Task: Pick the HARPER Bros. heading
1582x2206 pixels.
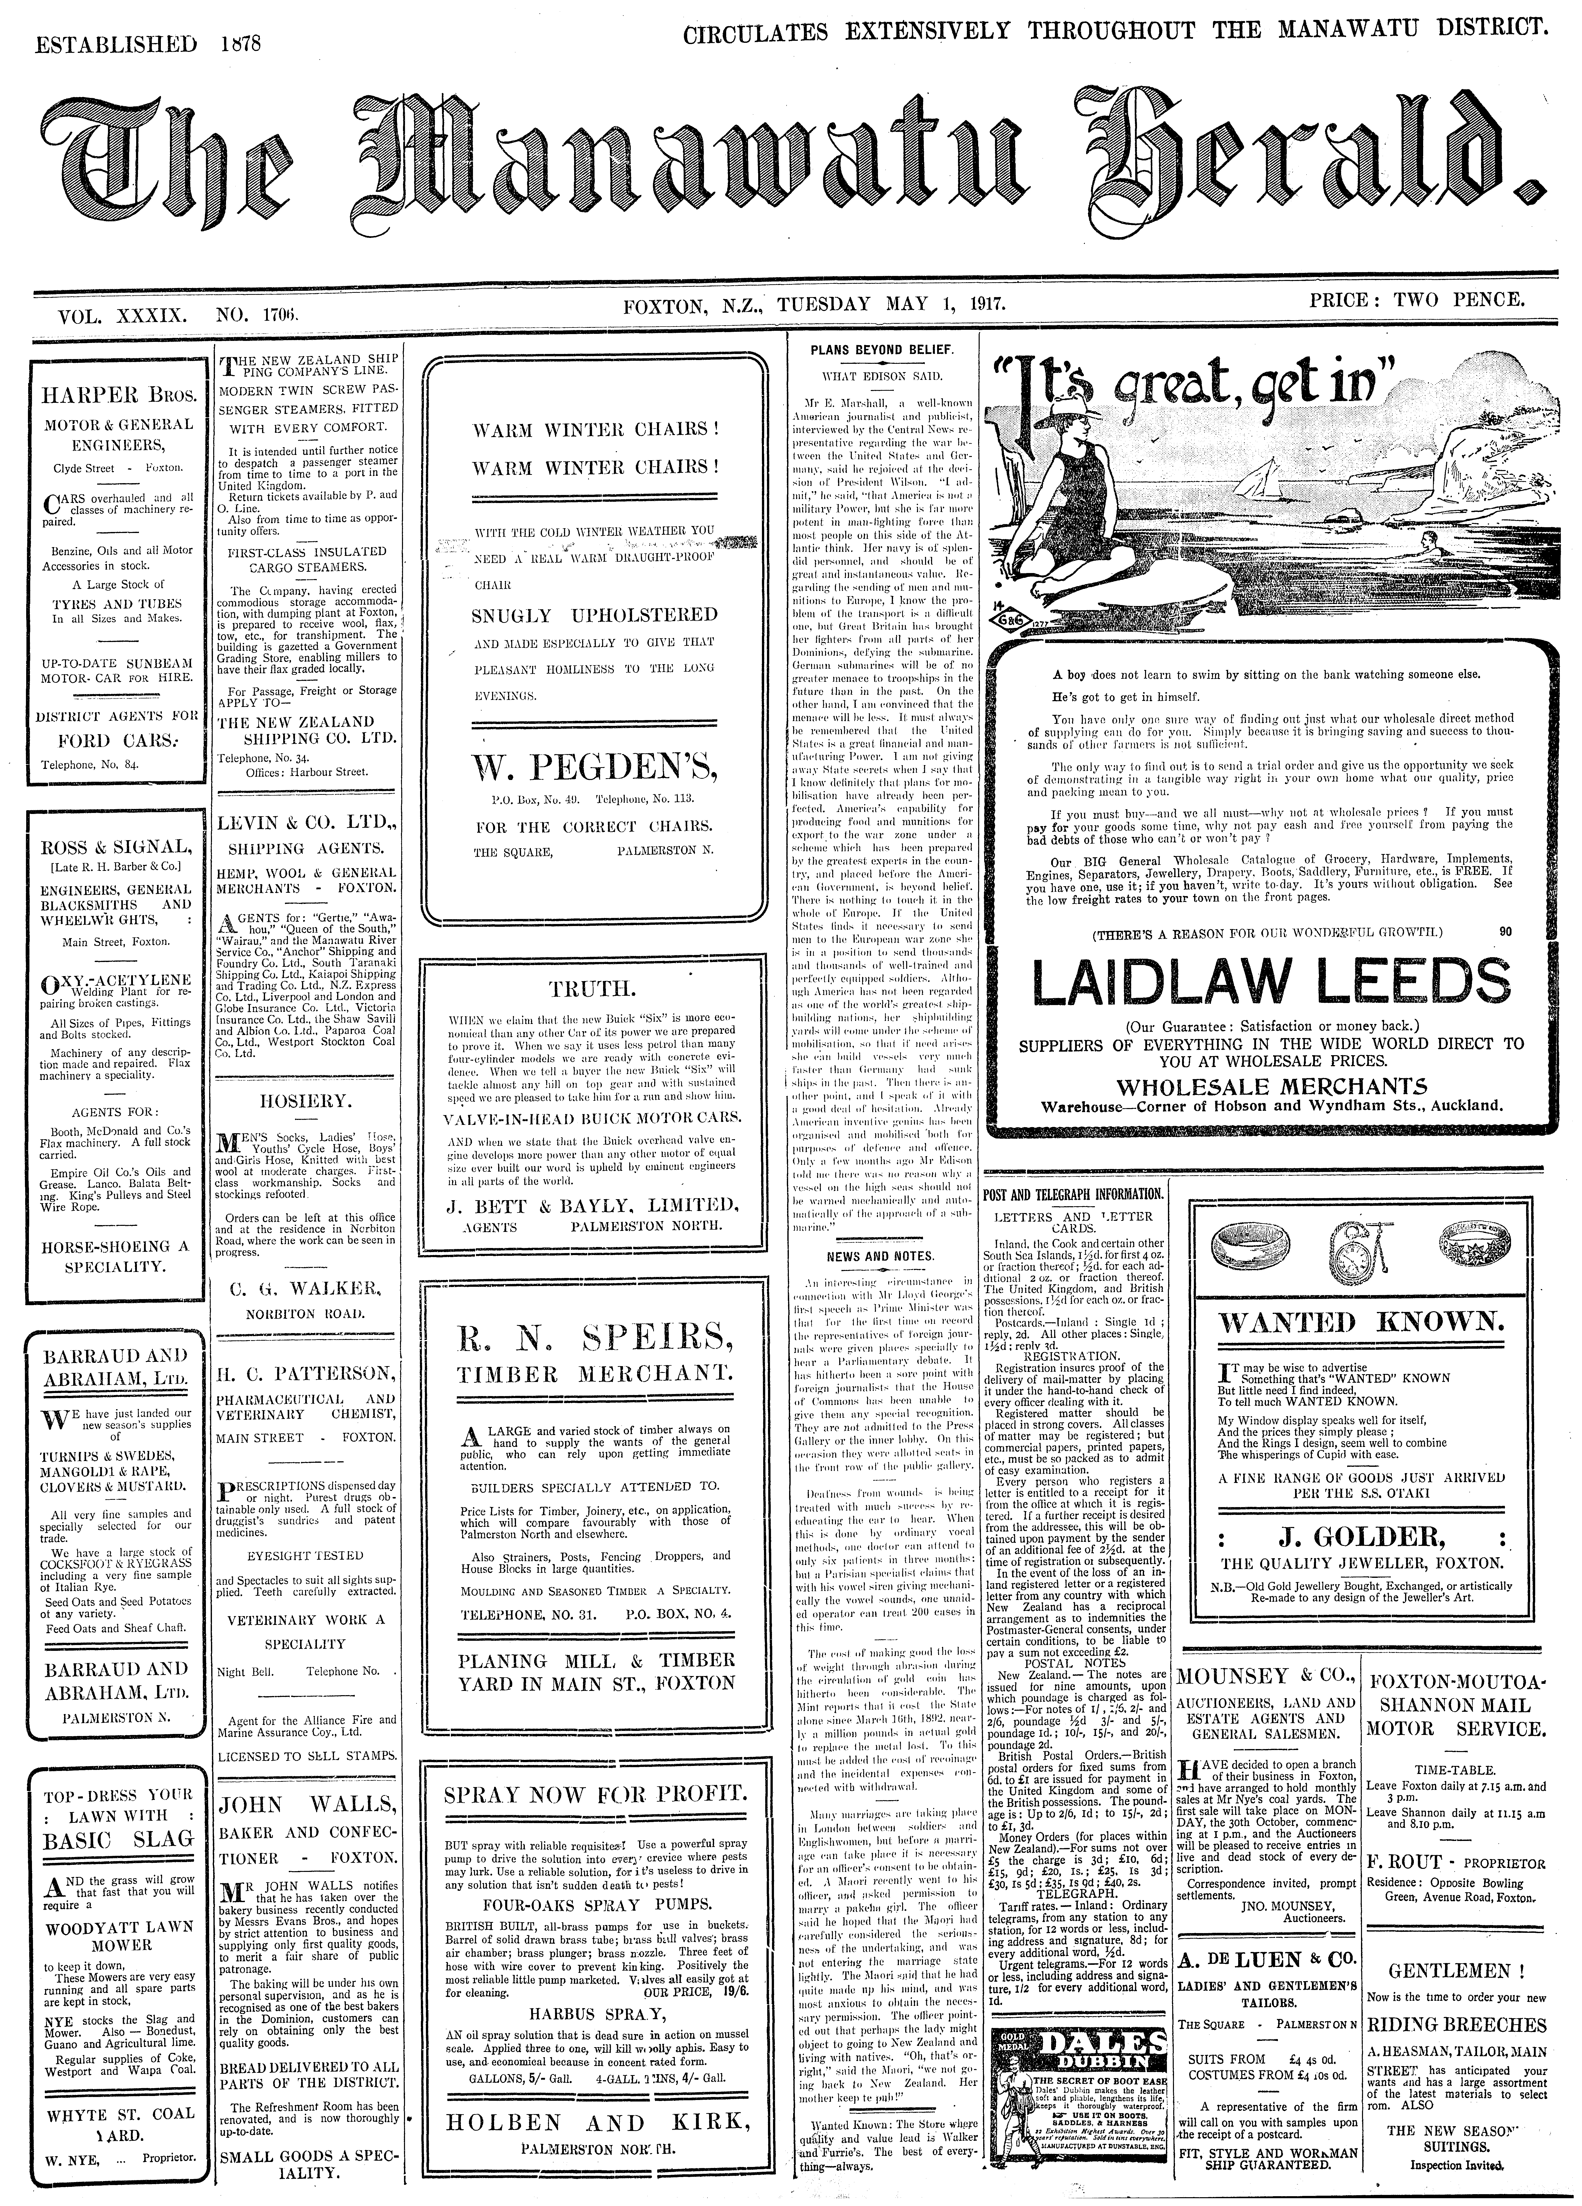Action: click(118, 396)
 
